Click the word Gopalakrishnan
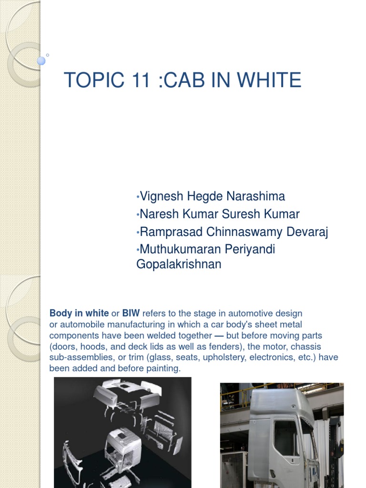(179, 264)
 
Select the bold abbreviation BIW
(131, 314)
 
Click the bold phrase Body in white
(79, 314)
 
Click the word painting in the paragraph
(164, 369)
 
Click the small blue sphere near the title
(41, 61)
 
